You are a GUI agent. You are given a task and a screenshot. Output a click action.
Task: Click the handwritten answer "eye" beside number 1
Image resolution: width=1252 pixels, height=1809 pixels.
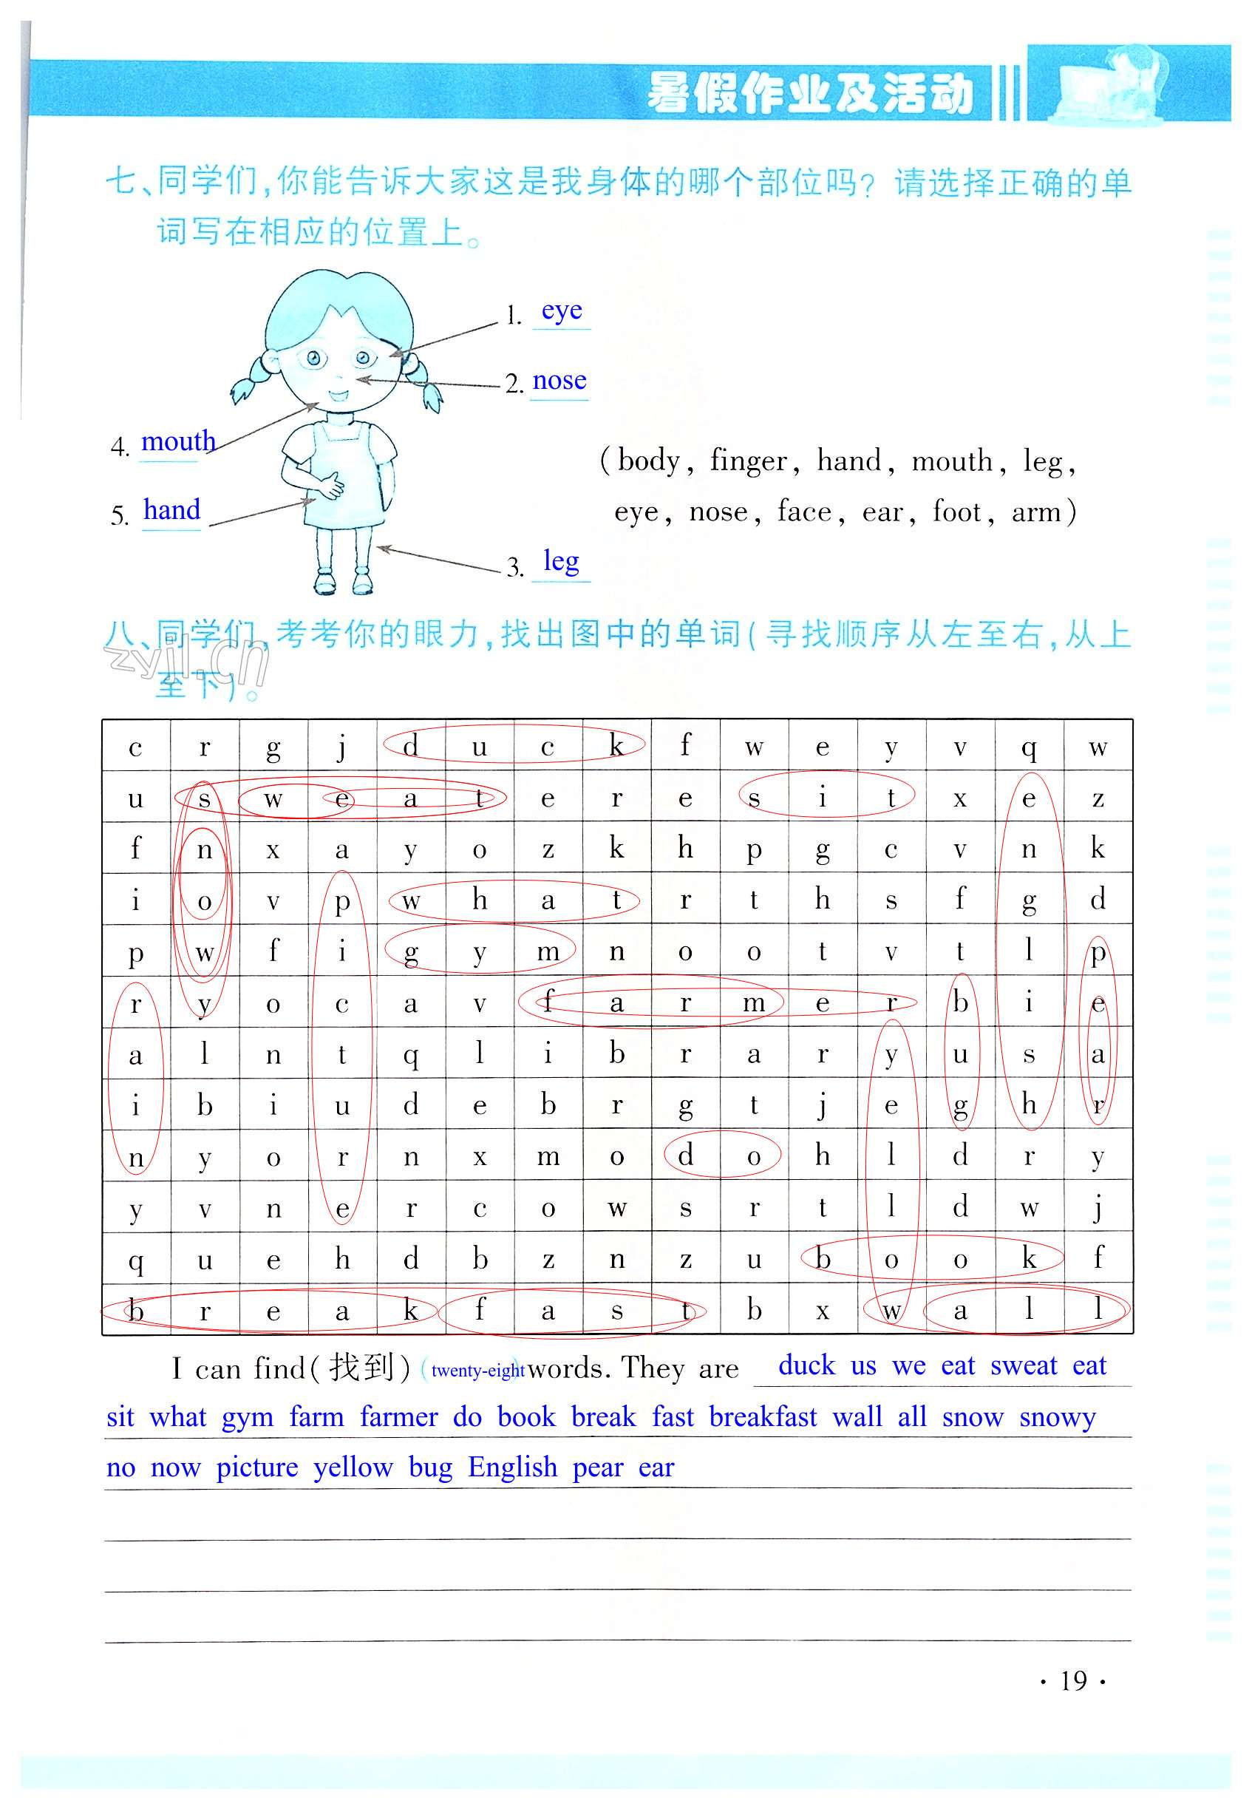(561, 311)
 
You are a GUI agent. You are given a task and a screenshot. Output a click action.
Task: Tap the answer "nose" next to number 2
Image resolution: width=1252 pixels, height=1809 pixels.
(559, 381)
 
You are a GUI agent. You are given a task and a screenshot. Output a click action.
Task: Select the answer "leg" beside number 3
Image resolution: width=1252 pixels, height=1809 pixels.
(561, 561)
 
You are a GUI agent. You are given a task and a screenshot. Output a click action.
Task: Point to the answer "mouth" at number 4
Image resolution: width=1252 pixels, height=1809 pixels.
(178, 441)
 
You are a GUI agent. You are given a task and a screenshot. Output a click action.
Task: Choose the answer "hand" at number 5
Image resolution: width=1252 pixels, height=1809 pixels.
(171, 510)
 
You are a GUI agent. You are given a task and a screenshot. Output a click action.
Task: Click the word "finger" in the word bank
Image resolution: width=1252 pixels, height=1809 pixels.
(748, 461)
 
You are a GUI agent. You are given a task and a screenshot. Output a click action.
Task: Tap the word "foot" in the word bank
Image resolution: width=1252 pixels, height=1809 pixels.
(956, 512)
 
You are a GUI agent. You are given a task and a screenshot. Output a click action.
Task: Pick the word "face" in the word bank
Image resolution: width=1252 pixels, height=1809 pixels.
(804, 512)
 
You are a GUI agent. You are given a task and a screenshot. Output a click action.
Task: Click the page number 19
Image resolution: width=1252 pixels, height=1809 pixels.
(1073, 1680)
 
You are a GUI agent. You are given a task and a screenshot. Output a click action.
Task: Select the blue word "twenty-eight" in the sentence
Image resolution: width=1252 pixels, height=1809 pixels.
(477, 1371)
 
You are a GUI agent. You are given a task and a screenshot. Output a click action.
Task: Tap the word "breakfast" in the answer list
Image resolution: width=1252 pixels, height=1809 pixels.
(763, 1416)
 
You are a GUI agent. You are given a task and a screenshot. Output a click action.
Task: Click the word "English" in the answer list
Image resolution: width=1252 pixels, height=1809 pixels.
(512, 1467)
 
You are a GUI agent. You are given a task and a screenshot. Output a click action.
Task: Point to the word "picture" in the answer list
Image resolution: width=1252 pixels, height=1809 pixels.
(257, 1467)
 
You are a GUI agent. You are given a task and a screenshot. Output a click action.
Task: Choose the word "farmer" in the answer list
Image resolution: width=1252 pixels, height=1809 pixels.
(398, 1416)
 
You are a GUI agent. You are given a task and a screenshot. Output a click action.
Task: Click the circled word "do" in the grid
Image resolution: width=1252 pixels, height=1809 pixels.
(720, 1155)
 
